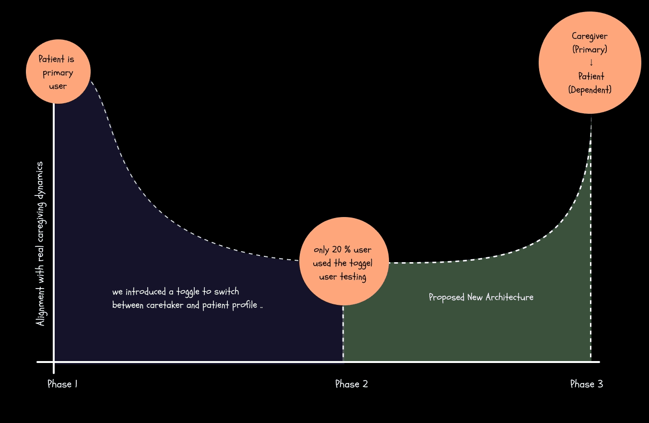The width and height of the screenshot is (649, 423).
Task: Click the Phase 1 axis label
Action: (x=62, y=384)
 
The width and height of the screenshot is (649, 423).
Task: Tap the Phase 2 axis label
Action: (x=351, y=384)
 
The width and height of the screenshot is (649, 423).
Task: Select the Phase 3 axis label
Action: (x=586, y=384)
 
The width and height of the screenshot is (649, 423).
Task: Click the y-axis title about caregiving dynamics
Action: (x=41, y=244)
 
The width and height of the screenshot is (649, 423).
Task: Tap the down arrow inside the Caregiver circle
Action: (x=591, y=62)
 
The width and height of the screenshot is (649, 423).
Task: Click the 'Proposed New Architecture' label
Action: (x=481, y=297)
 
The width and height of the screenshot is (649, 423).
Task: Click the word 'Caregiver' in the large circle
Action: (x=590, y=36)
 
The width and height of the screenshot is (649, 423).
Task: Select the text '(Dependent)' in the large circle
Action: (x=590, y=89)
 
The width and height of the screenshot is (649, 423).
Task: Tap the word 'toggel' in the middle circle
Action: (x=361, y=263)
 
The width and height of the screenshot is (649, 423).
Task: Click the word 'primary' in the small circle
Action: (x=58, y=73)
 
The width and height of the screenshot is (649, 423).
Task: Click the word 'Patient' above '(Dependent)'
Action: (x=591, y=76)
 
